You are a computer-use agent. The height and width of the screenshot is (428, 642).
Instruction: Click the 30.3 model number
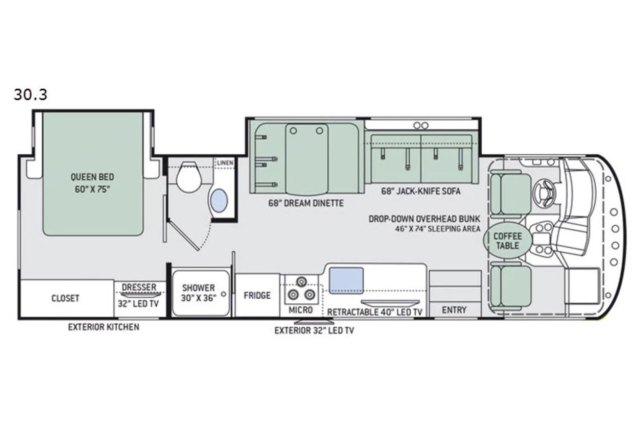pyautogui.click(x=31, y=95)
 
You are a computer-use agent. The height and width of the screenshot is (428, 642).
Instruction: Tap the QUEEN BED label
pyautogui.click(x=92, y=177)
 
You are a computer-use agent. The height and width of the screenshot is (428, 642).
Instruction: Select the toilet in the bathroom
pyautogui.click(x=189, y=177)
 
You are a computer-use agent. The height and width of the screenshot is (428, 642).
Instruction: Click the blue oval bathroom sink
pyautogui.click(x=219, y=200)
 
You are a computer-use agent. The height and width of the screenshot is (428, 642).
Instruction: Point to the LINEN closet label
pyautogui.click(x=225, y=163)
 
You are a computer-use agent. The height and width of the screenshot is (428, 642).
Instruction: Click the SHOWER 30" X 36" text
pyautogui.click(x=198, y=293)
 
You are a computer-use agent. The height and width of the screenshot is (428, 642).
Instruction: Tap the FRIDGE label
pyautogui.click(x=257, y=295)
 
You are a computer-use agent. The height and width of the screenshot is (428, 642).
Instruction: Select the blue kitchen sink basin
pyautogui.click(x=346, y=281)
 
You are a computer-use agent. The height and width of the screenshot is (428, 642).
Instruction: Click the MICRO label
pyautogui.click(x=301, y=310)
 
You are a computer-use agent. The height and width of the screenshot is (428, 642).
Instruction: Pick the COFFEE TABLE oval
pyautogui.click(x=508, y=240)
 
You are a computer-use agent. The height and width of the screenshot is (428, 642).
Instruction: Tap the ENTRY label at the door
pyautogui.click(x=454, y=310)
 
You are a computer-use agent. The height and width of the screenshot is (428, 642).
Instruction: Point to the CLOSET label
pyautogui.click(x=65, y=298)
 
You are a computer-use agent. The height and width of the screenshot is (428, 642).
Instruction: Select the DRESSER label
pyautogui.click(x=139, y=287)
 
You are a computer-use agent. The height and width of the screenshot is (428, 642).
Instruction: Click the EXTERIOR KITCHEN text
pyautogui.click(x=103, y=327)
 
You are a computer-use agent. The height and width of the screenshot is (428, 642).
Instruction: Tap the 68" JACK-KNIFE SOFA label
pyautogui.click(x=421, y=191)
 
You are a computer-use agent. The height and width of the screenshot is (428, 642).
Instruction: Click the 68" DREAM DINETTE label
pyautogui.click(x=306, y=203)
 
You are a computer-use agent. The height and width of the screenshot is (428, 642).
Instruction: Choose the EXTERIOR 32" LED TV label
pyautogui.click(x=314, y=330)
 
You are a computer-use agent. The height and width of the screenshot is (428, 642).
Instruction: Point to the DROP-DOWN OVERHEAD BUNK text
pyautogui.click(x=424, y=219)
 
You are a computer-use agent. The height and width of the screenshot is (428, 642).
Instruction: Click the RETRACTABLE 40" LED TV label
pyautogui.click(x=374, y=312)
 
